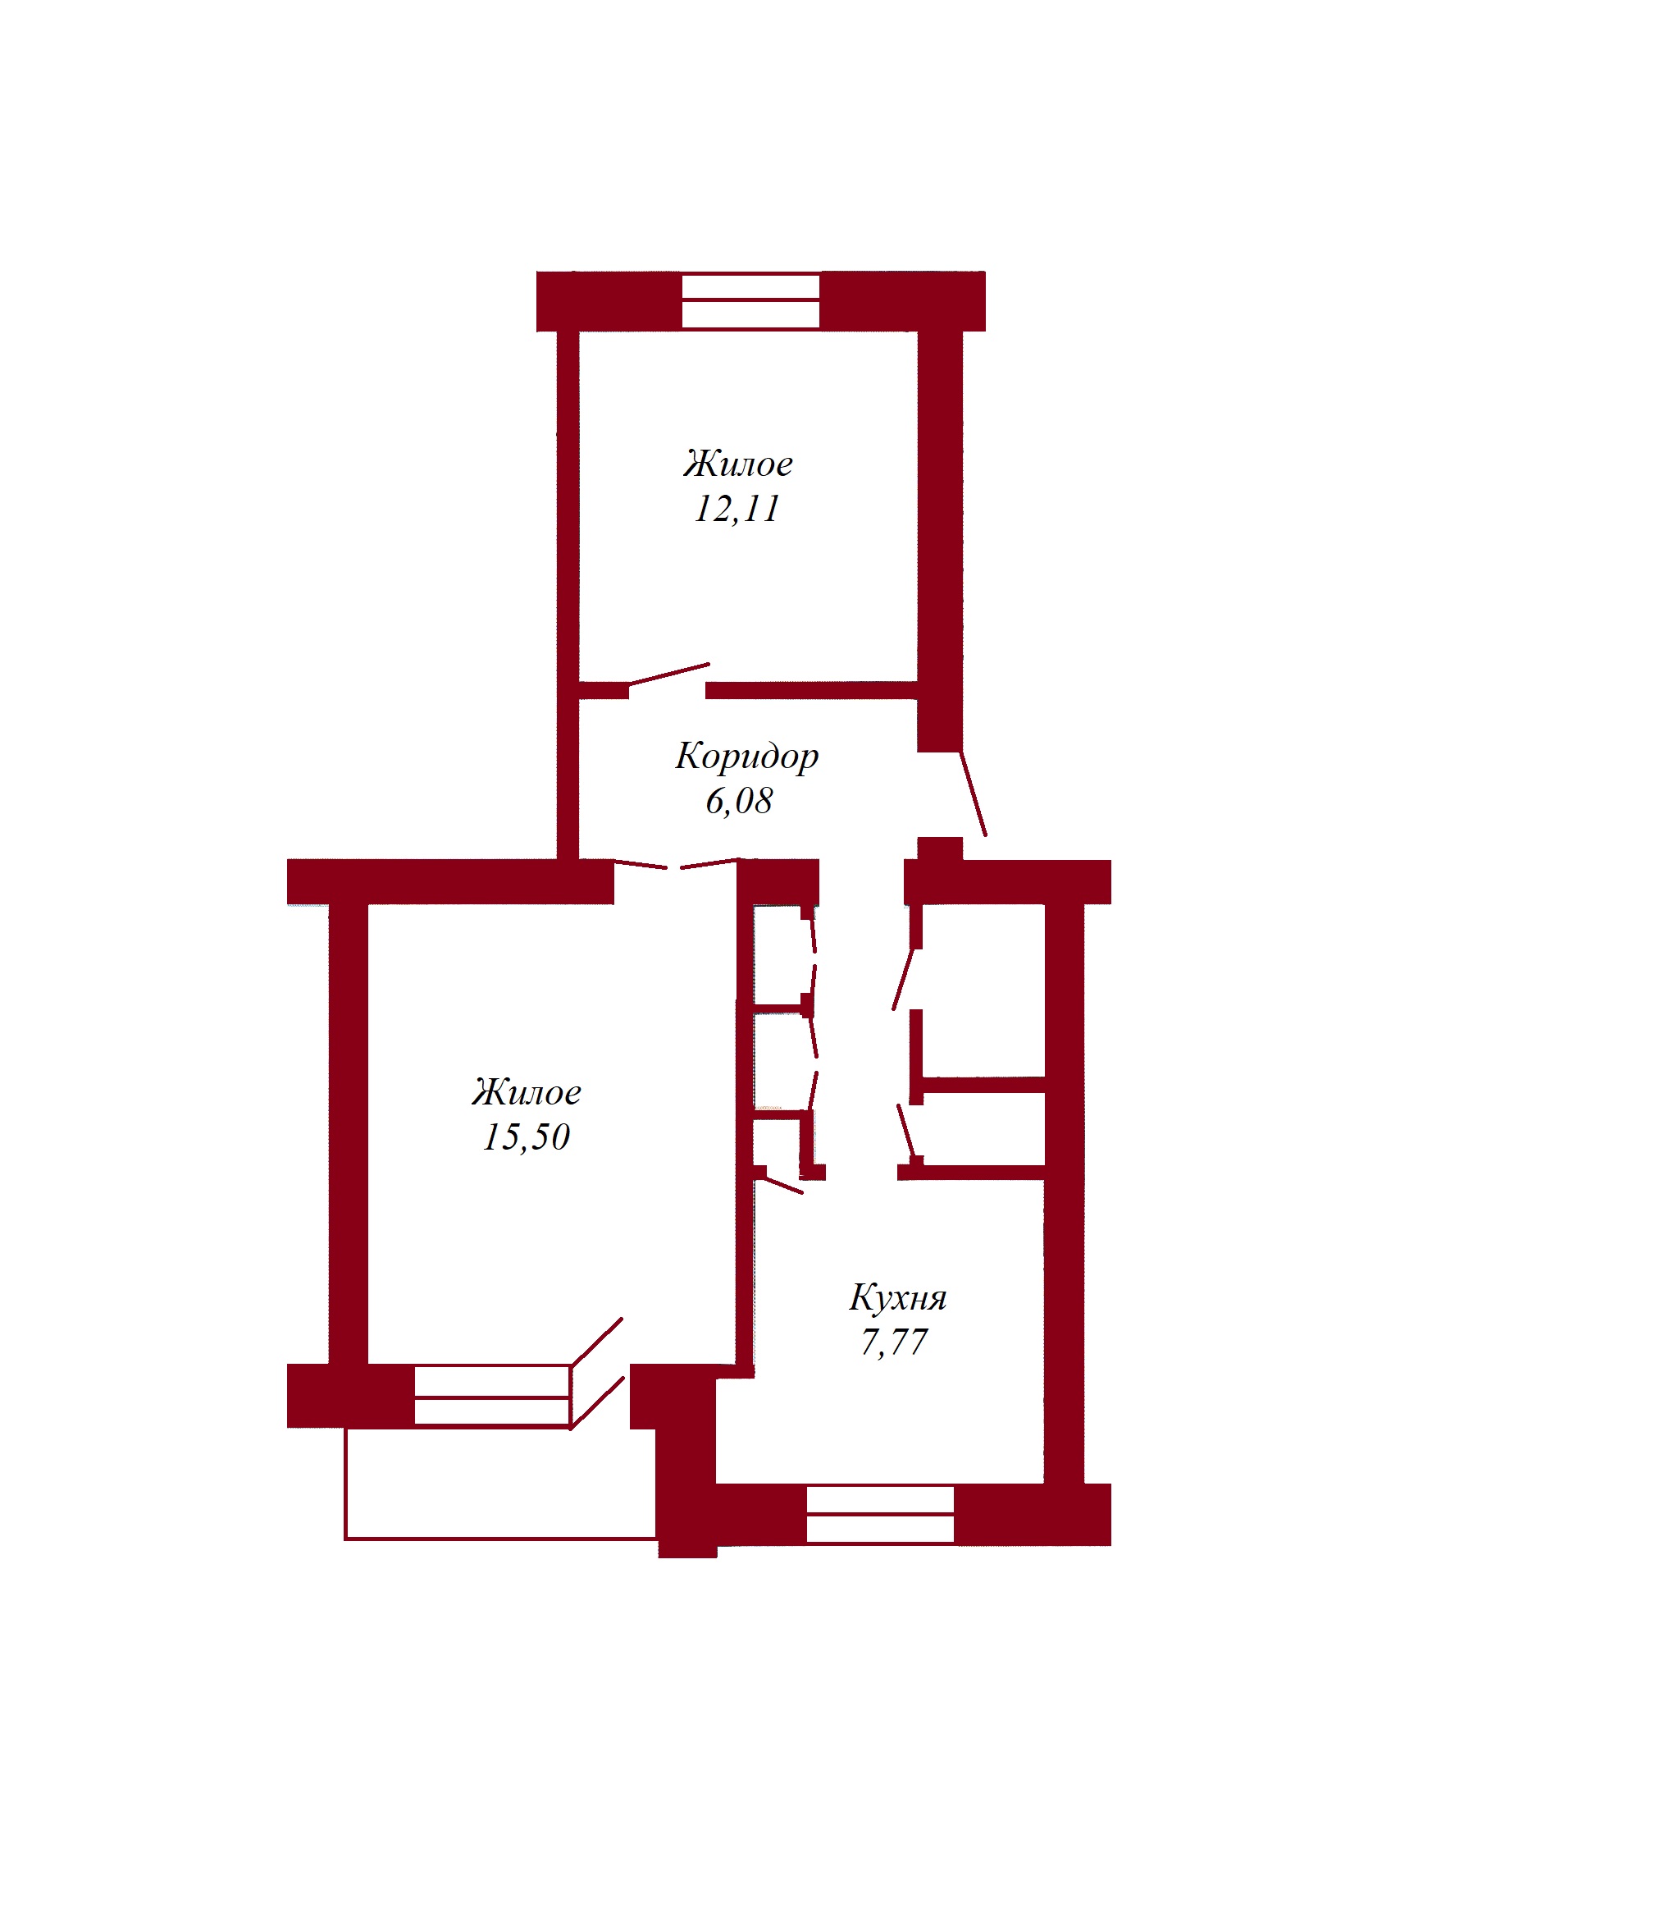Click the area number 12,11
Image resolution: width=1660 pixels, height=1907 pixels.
click(x=737, y=509)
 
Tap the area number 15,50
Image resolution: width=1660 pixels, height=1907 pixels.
click(x=527, y=1137)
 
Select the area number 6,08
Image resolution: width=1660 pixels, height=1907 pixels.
click(x=739, y=801)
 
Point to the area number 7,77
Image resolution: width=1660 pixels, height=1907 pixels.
click(x=894, y=1342)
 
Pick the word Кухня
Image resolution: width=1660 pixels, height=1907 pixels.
click(x=897, y=1297)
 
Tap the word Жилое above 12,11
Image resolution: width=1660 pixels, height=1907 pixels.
click(x=738, y=464)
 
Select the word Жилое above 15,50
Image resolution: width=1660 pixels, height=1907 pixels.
click(x=527, y=1092)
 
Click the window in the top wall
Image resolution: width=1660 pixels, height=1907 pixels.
click(x=750, y=300)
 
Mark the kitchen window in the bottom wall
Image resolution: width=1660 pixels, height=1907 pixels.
click(x=880, y=1514)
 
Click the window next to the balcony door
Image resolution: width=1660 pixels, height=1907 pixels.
click(x=492, y=1396)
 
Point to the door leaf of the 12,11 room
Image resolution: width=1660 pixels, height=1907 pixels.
click(x=668, y=674)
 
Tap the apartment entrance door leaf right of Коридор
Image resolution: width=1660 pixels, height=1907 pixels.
click(x=973, y=793)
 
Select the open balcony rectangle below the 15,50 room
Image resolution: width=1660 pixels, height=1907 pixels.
click(x=500, y=1483)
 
